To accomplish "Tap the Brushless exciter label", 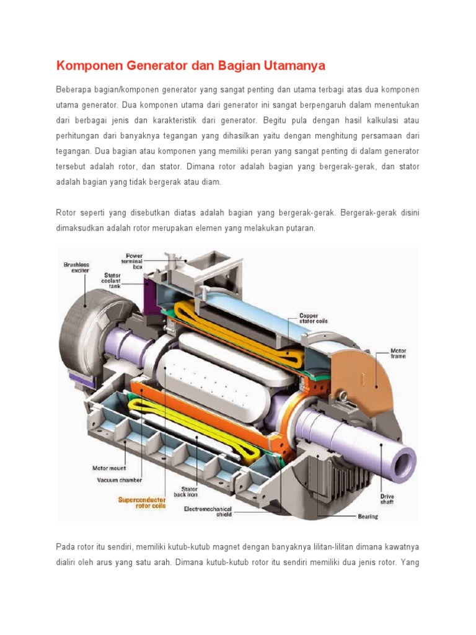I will [77, 267].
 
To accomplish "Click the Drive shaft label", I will [387, 499].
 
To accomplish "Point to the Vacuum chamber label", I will [119, 479].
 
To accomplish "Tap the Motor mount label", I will [108, 468].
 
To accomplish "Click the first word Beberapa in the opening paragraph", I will [73, 91].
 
